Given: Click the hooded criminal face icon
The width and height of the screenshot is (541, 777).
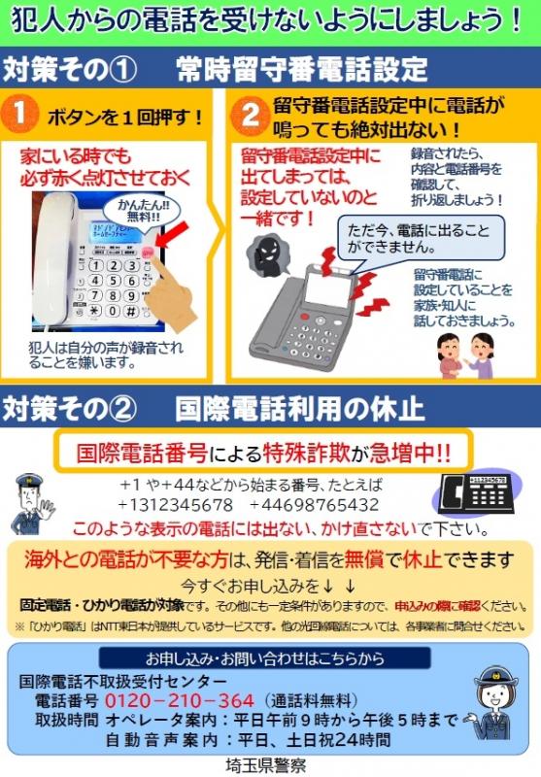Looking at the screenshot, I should point(265,254).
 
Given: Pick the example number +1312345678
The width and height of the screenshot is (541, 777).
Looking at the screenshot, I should point(175,505).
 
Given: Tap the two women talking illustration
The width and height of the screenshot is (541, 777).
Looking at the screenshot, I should point(465,355).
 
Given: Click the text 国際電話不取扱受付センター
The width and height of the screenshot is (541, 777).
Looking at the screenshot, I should point(116,681).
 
